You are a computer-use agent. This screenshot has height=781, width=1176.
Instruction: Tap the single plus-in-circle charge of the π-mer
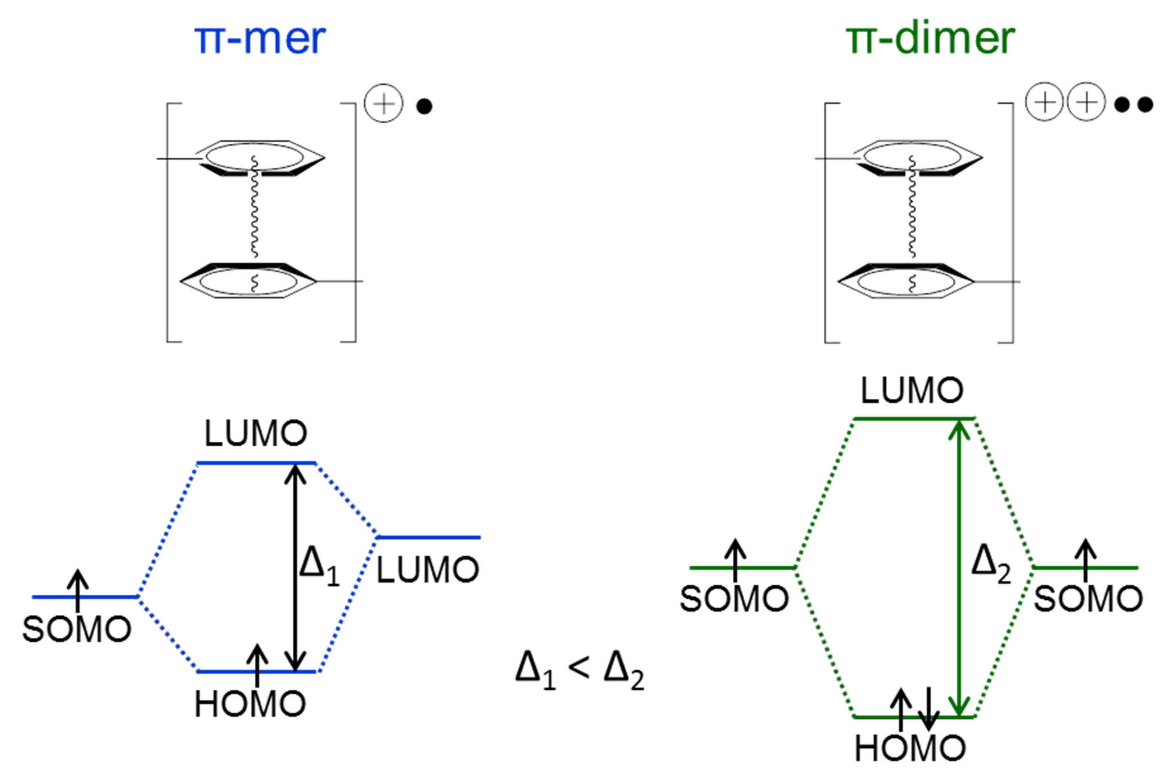(x=383, y=104)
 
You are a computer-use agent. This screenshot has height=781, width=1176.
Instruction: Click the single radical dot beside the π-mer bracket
(x=424, y=106)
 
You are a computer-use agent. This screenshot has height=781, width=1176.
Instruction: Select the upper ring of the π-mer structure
(x=259, y=158)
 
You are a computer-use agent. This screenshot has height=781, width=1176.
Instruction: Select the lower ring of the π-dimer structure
(x=906, y=282)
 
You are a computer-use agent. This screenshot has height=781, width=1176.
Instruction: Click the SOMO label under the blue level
(x=77, y=629)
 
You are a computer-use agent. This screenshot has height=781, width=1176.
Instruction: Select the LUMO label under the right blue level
(x=427, y=570)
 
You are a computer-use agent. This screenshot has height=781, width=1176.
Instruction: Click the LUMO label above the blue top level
(x=256, y=434)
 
